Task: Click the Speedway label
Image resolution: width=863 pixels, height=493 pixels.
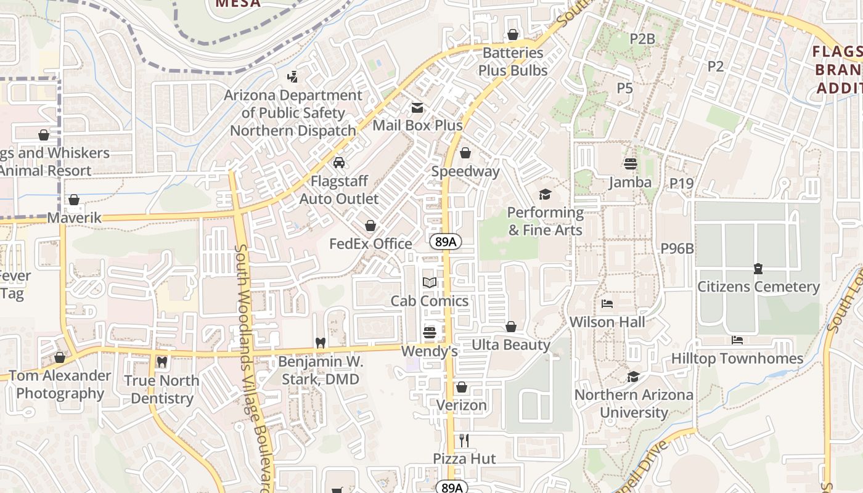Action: click(x=465, y=171)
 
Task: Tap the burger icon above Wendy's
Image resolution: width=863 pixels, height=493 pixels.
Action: click(x=430, y=333)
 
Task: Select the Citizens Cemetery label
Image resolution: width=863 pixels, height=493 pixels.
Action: click(x=758, y=287)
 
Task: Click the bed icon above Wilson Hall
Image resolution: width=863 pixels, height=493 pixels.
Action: click(x=607, y=304)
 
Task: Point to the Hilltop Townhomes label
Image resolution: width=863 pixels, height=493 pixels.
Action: click(x=737, y=358)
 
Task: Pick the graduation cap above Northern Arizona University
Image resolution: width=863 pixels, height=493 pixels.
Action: click(x=633, y=377)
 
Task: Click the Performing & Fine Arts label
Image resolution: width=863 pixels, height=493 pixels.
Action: click(x=545, y=221)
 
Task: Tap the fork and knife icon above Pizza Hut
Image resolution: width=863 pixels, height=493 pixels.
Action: click(x=464, y=441)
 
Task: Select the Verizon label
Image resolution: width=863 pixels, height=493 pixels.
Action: click(x=462, y=405)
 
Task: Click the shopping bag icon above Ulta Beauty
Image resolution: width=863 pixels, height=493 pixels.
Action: click(x=511, y=327)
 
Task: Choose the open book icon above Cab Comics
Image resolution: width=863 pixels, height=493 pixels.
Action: click(x=430, y=283)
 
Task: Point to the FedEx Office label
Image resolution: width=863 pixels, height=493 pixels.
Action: click(x=370, y=243)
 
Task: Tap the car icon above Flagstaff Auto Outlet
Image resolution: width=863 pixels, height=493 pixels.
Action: click(x=338, y=163)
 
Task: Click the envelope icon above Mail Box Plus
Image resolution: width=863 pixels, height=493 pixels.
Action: click(x=417, y=108)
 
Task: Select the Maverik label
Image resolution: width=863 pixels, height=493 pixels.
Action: click(x=74, y=218)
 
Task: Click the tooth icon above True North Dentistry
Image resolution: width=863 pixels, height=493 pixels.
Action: click(x=162, y=362)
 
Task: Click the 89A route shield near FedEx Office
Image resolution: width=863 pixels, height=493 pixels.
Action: click(x=445, y=242)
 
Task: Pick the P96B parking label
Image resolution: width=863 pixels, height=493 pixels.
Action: click(x=677, y=248)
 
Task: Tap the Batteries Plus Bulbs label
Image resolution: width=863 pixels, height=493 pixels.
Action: click(x=513, y=62)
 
